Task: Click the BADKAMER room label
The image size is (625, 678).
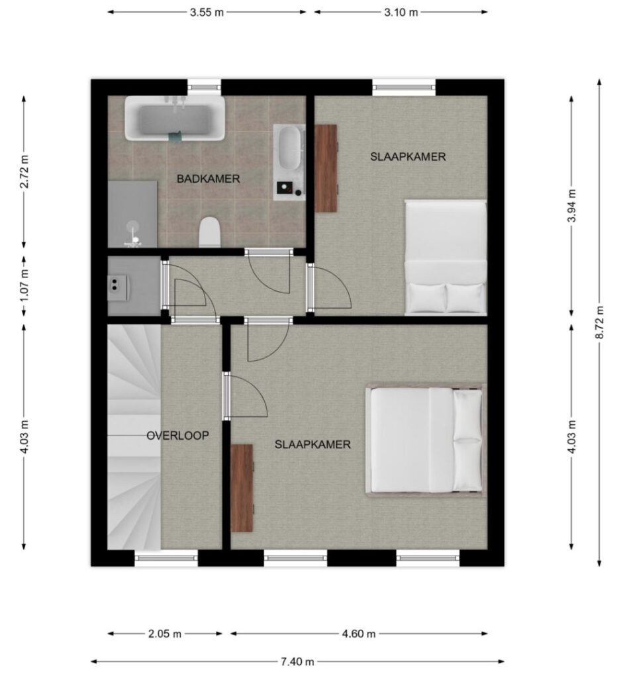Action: (x=209, y=179)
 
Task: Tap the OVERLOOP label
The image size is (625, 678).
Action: (x=177, y=436)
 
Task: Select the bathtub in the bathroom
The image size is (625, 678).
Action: (x=175, y=118)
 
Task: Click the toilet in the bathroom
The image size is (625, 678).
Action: (x=210, y=232)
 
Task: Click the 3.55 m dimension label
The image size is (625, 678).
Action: (x=207, y=12)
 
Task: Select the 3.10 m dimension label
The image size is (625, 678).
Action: (x=401, y=12)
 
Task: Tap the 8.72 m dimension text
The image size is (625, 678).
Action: (x=599, y=322)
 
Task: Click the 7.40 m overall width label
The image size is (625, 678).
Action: (x=297, y=661)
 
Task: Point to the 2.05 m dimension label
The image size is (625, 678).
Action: (x=165, y=634)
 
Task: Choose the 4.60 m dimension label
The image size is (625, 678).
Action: (x=359, y=634)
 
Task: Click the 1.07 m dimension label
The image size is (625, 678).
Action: (x=24, y=286)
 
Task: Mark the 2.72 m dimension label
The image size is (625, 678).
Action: (x=24, y=171)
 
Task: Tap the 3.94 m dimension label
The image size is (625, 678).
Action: (x=572, y=205)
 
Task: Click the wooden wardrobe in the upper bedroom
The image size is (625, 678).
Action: (x=326, y=168)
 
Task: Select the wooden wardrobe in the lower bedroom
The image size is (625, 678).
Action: (x=242, y=488)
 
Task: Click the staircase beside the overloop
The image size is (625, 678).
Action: (x=134, y=437)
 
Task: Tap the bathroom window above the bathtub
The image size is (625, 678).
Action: (x=204, y=87)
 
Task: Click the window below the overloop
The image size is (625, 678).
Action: (x=166, y=557)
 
